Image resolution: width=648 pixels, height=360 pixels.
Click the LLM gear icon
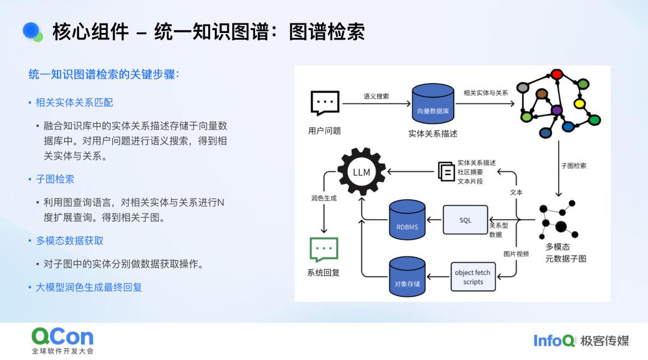pos(362,172)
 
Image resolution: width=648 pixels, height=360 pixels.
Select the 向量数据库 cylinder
pos(433,104)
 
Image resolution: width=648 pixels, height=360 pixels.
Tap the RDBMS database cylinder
pos(407,220)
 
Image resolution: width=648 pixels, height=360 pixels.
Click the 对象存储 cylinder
pos(407,277)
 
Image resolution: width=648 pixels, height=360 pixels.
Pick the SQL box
pos(466,220)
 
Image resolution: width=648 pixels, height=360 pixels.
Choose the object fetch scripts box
pos(473,277)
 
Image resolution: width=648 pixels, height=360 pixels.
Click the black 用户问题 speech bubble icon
pos(325,103)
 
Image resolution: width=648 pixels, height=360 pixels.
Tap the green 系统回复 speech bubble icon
pos(324,250)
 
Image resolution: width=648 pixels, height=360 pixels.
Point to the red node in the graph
pos(557,74)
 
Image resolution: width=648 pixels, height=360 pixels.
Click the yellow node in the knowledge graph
pos(580,103)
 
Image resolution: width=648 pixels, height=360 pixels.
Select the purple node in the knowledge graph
pos(557,110)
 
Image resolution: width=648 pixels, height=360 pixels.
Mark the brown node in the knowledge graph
pos(542,94)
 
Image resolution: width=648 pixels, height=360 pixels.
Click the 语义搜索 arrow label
pos(376,97)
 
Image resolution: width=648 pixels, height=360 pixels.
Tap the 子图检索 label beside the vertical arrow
pos(573,166)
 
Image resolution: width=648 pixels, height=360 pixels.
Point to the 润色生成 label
pos(324,198)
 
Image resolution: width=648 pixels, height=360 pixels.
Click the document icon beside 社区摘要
pos(446,171)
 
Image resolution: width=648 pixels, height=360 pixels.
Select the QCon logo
pos(63,341)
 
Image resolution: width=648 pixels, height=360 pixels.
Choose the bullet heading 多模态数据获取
pos(70,241)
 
